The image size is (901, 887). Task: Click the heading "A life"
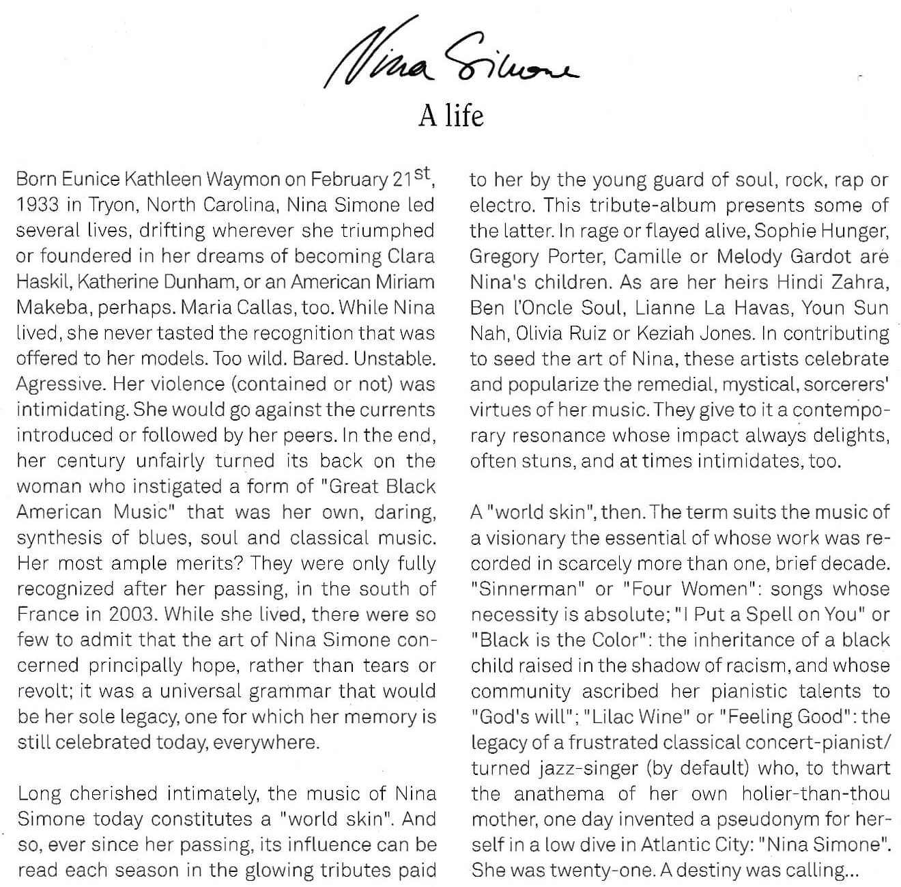pos(450,115)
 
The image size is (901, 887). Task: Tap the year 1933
pos(37,205)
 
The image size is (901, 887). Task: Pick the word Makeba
pos(53,307)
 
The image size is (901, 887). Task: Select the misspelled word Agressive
pos(60,384)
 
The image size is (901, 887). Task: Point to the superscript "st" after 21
pos(422,173)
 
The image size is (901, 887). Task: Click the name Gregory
pos(504,256)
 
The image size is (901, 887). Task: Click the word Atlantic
pos(671,845)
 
